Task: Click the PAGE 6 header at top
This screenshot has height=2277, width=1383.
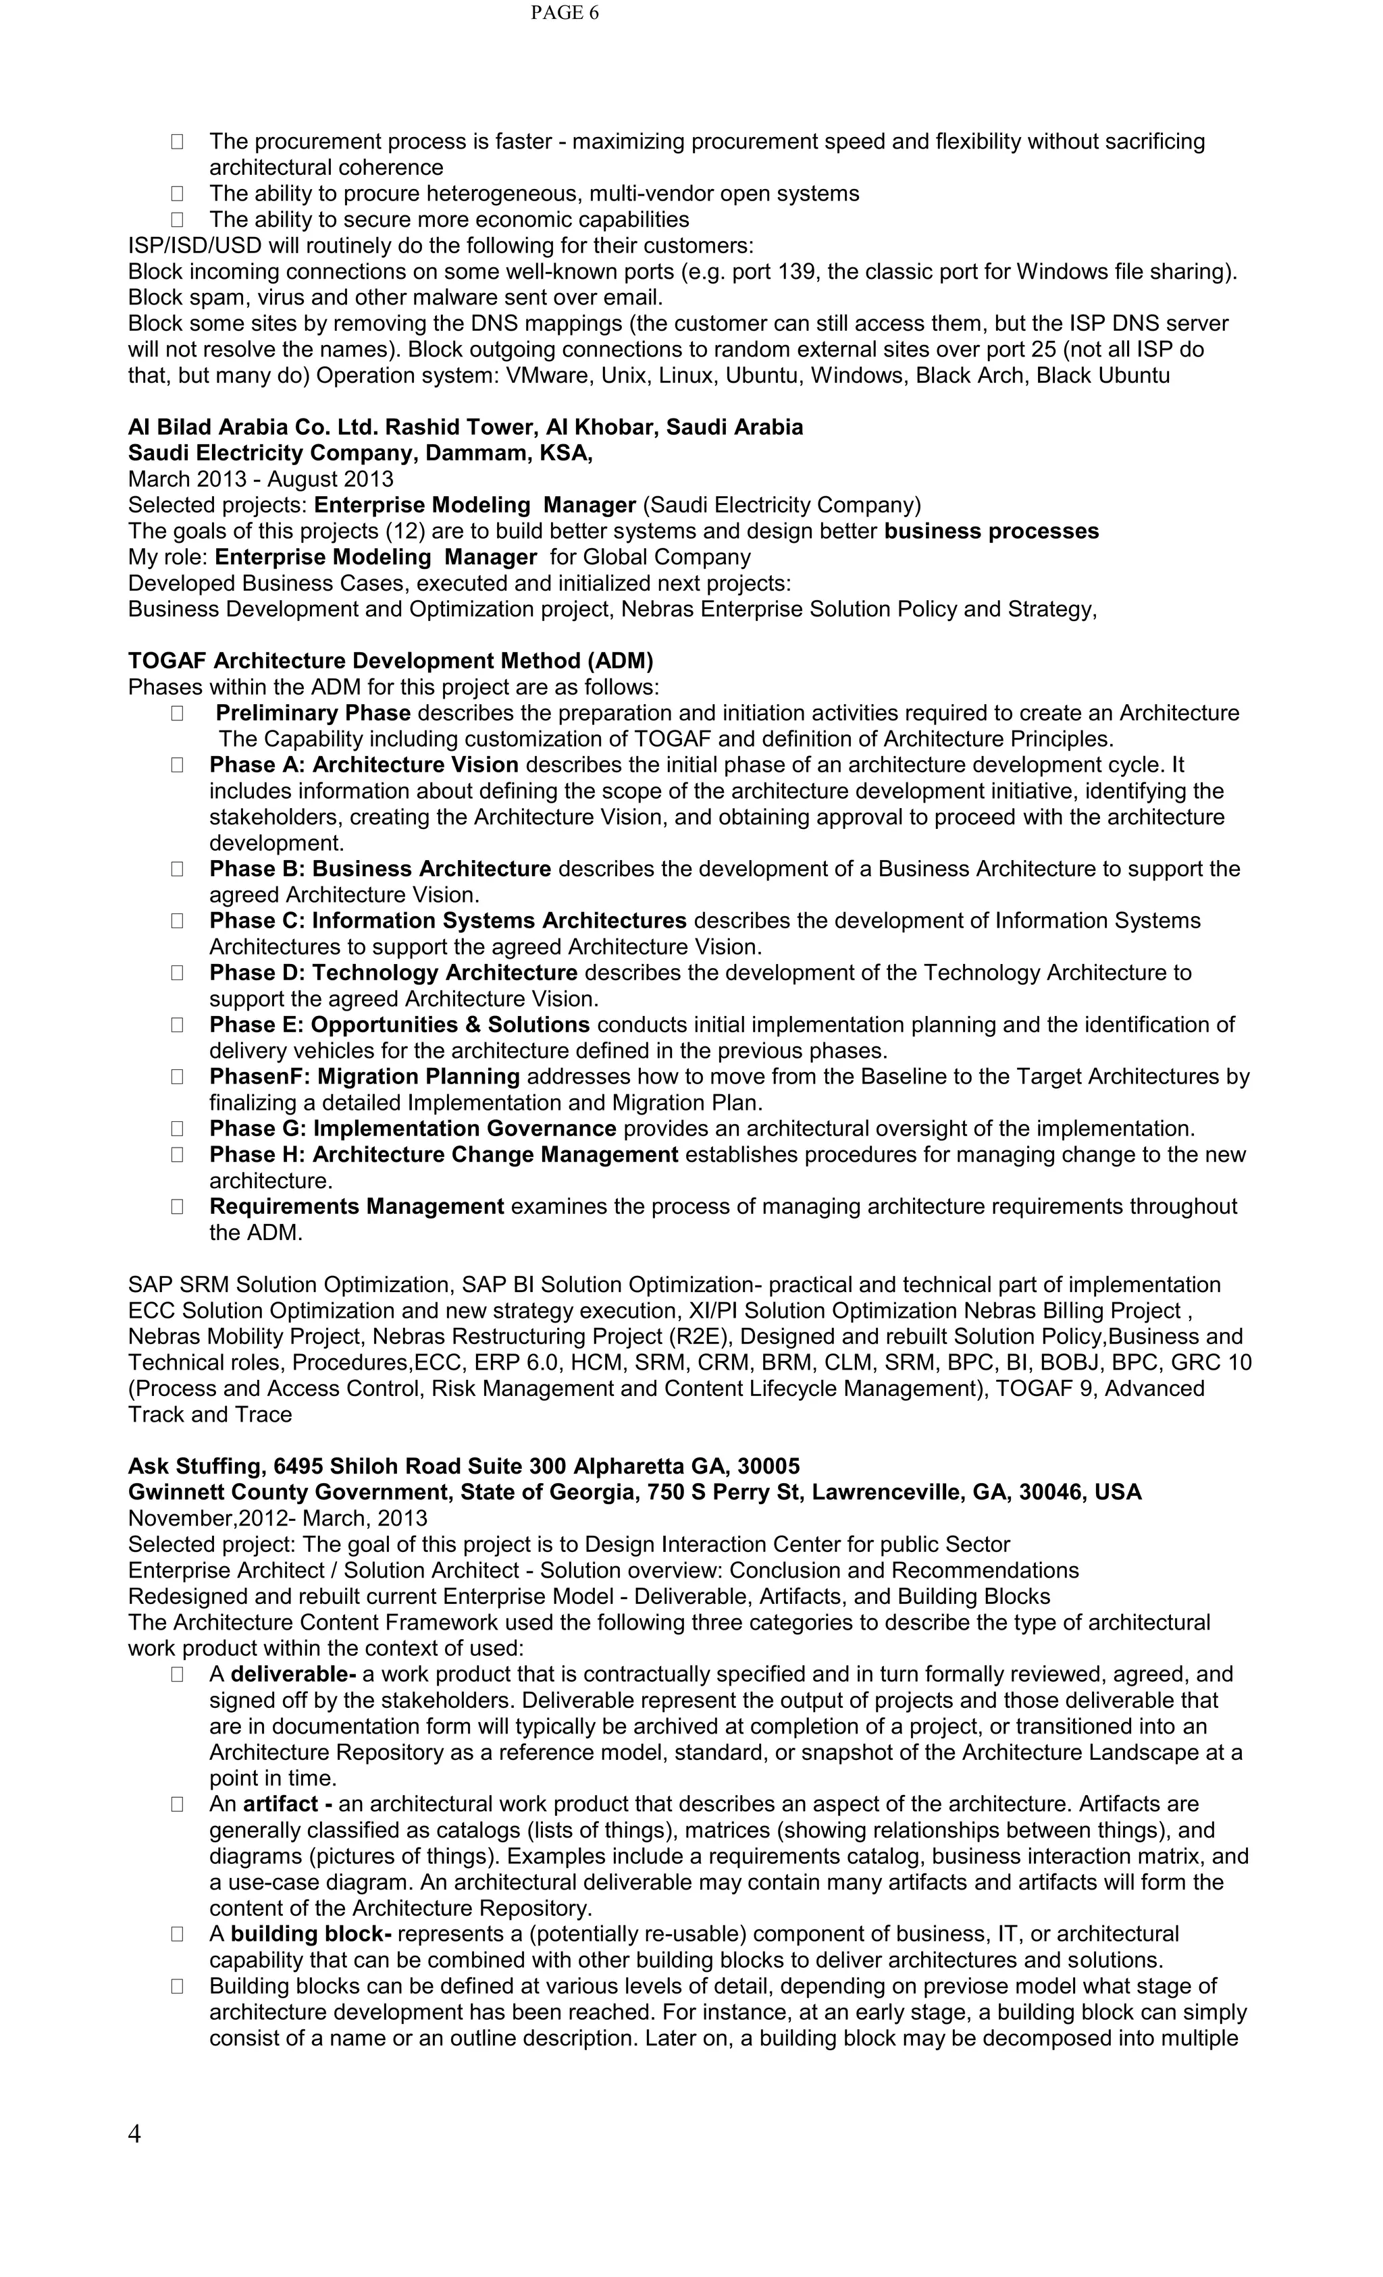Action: (x=564, y=13)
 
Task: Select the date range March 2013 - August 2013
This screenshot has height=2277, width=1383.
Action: (x=260, y=479)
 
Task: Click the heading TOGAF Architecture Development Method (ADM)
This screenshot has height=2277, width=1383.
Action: (x=390, y=661)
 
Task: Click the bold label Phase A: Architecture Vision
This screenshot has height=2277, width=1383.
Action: (x=363, y=764)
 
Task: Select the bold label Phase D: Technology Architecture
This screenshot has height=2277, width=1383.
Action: (x=393, y=972)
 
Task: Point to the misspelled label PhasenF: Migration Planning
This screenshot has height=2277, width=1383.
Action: (x=364, y=1077)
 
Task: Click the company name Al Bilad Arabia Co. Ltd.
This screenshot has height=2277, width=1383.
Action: (x=253, y=427)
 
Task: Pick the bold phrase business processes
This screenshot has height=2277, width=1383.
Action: (x=991, y=531)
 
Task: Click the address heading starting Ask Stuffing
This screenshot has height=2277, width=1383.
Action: (x=463, y=1466)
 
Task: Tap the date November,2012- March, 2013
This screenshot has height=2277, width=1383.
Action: (x=278, y=1518)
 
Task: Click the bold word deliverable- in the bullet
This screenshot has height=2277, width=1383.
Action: (x=293, y=1673)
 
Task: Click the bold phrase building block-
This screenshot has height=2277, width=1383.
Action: (x=311, y=1933)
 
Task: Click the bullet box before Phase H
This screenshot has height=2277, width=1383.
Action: (x=176, y=1154)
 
